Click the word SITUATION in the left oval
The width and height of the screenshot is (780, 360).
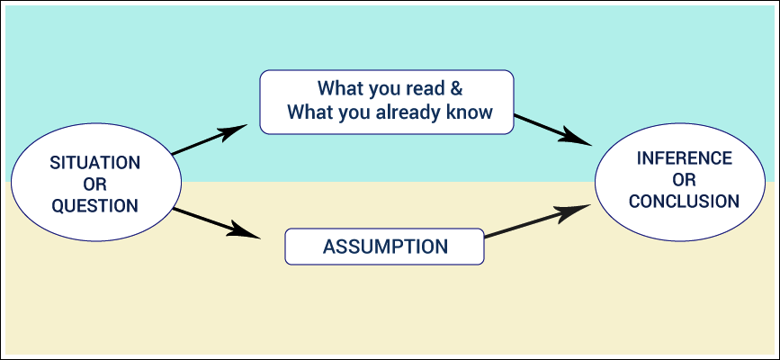(x=95, y=163)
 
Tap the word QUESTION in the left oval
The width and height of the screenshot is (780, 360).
(x=95, y=205)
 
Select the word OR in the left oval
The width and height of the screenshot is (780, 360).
(x=95, y=184)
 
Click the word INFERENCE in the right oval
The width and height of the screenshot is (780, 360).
(x=685, y=158)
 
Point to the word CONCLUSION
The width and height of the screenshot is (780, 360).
(x=684, y=202)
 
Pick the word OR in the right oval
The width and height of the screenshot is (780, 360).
(x=684, y=180)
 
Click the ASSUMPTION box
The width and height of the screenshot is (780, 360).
(x=384, y=247)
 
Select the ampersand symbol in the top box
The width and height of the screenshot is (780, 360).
(x=457, y=88)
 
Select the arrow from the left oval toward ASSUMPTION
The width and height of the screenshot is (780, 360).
(x=217, y=223)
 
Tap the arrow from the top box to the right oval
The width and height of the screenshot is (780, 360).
(x=553, y=130)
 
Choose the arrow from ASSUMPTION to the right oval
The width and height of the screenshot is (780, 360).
(x=538, y=221)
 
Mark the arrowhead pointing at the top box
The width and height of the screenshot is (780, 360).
(x=233, y=131)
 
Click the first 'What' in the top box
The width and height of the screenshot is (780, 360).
(x=338, y=88)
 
